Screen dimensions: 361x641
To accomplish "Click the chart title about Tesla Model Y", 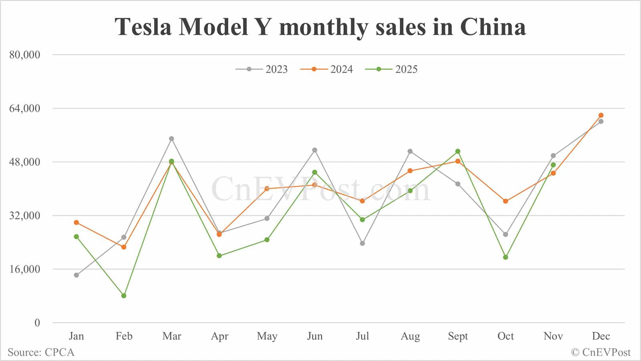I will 320,27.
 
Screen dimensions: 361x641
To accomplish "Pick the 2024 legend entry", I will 327,69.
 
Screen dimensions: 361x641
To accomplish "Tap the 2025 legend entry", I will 392,69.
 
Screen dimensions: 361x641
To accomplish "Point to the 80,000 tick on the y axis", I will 25,54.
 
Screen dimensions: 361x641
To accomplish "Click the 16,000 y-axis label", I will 25,269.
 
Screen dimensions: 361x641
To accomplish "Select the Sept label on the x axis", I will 458,336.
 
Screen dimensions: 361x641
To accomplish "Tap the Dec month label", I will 601,336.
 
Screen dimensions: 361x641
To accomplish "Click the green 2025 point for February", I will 124,296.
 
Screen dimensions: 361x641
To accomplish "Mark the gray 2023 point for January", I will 77,275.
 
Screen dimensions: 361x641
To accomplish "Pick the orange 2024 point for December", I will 601,115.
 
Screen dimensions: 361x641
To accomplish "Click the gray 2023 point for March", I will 171,139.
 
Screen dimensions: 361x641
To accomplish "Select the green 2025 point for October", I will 506,257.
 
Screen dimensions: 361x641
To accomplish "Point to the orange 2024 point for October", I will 506,201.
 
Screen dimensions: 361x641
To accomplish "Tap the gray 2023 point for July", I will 363,243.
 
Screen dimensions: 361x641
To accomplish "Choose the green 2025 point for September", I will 458,151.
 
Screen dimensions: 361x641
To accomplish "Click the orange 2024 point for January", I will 77,222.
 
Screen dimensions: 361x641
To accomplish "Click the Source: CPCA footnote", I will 41,353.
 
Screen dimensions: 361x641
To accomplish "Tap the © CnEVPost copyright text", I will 601,353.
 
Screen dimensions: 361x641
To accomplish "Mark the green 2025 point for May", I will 267,240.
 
